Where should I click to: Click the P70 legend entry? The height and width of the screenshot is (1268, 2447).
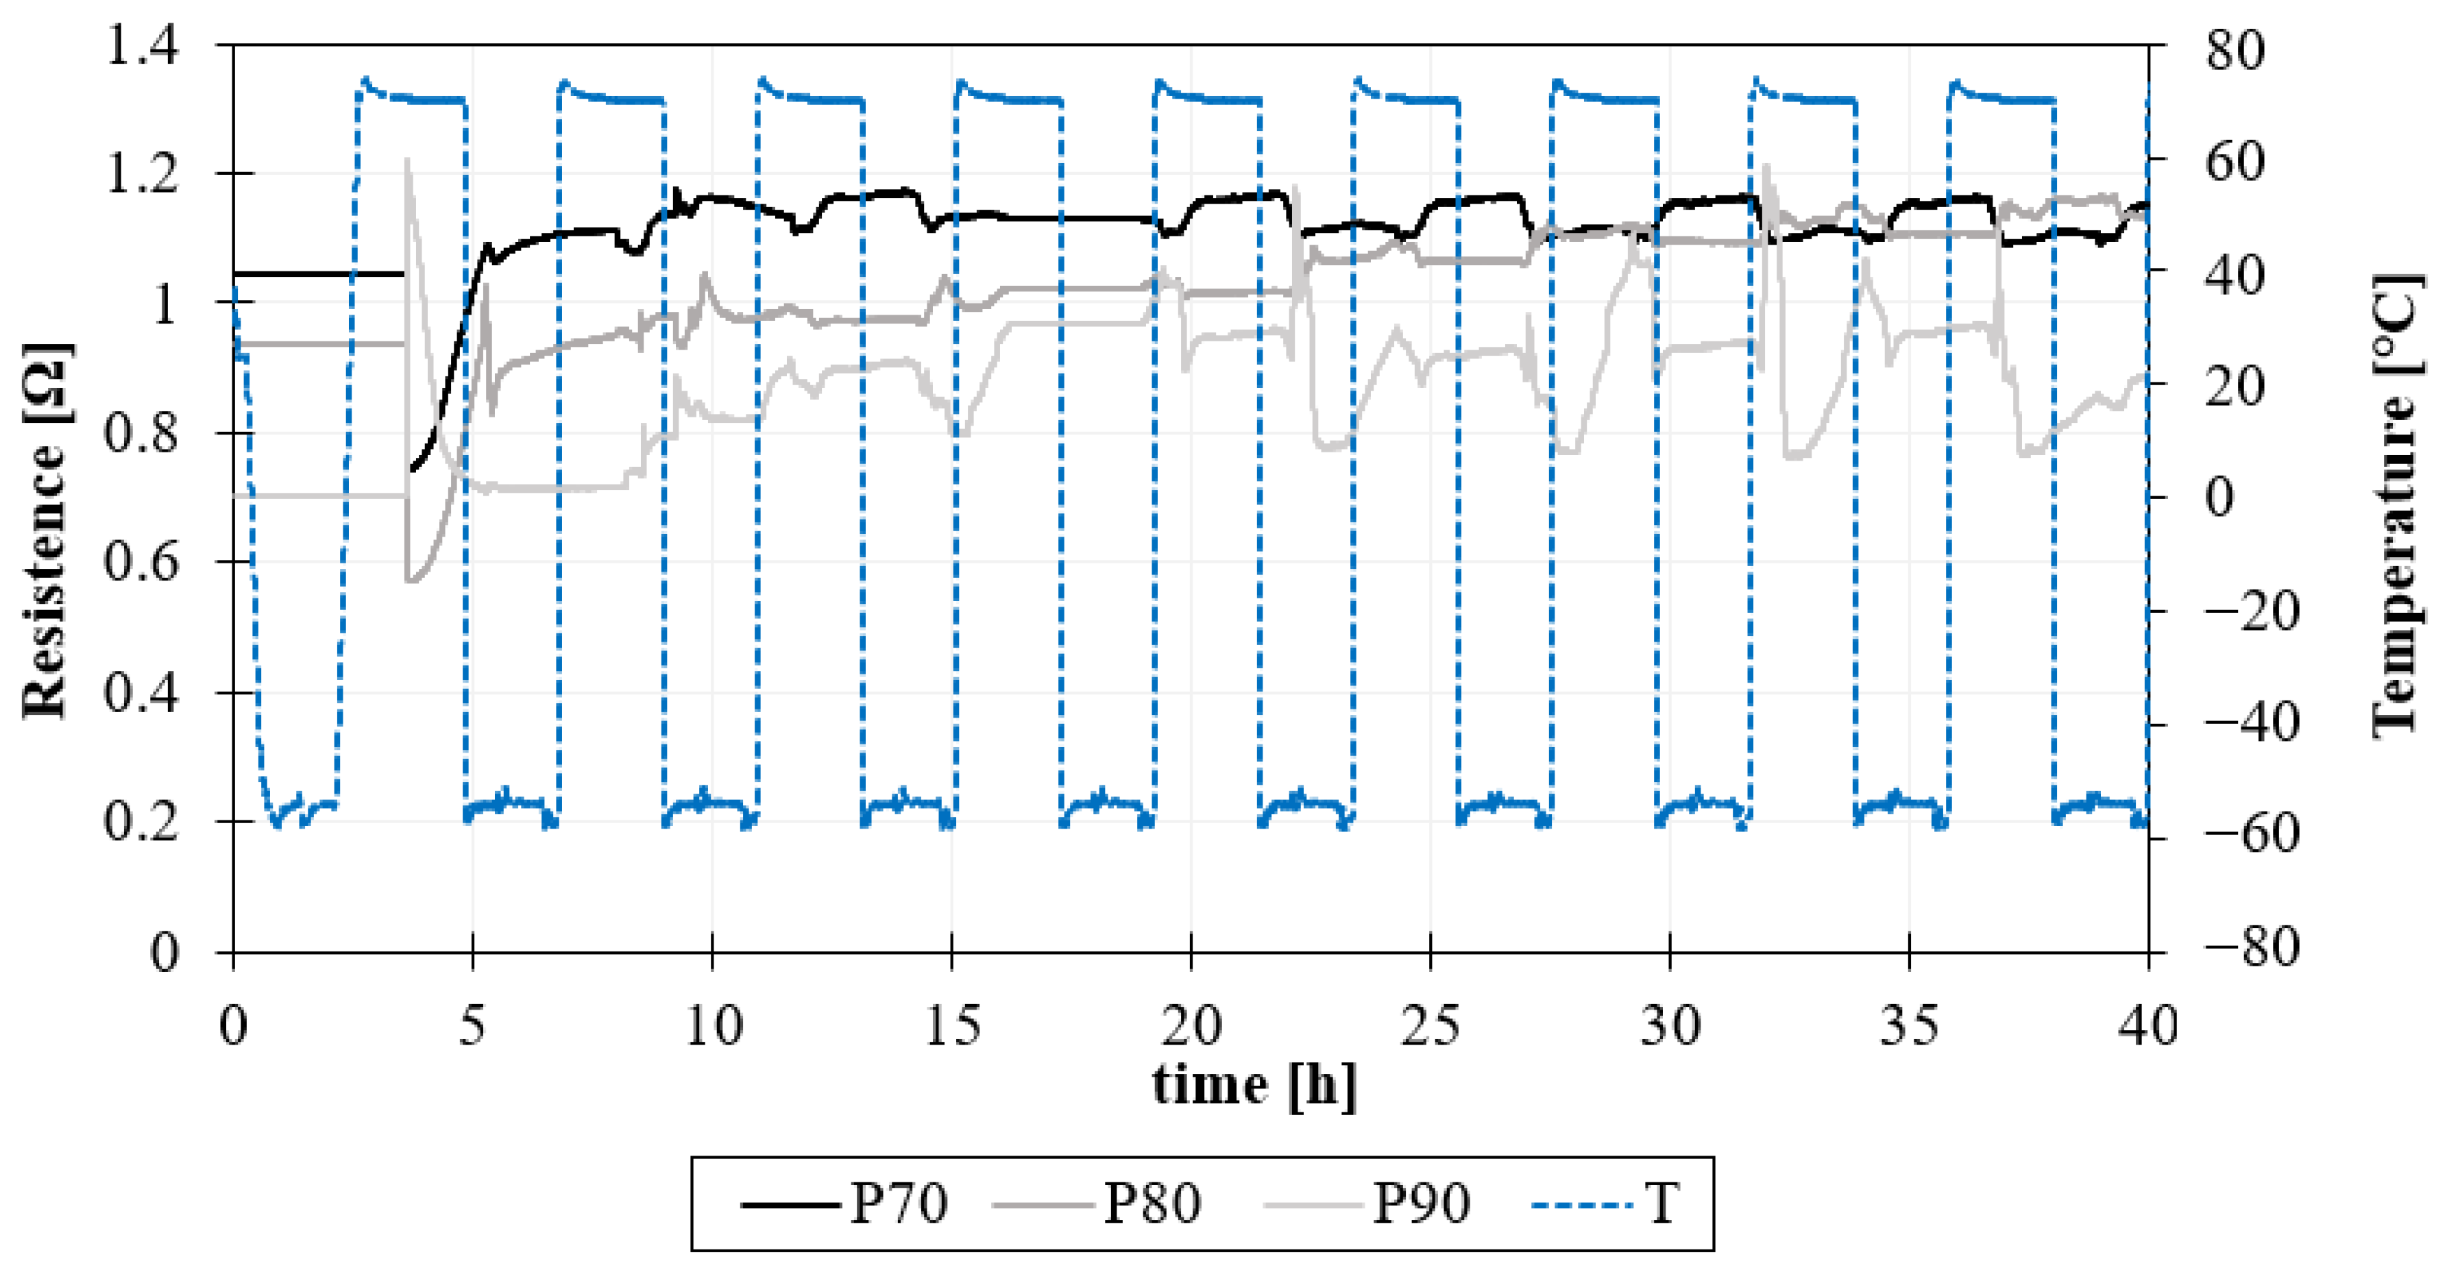(x=845, y=1204)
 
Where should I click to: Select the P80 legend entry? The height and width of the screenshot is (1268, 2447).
(x=1097, y=1204)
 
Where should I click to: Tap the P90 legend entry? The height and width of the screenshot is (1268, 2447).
(x=1368, y=1204)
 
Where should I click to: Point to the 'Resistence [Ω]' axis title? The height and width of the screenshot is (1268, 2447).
(x=46, y=532)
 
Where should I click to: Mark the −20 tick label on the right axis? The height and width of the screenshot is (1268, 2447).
(x=2252, y=611)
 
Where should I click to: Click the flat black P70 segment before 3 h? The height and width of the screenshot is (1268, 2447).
(x=313, y=273)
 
